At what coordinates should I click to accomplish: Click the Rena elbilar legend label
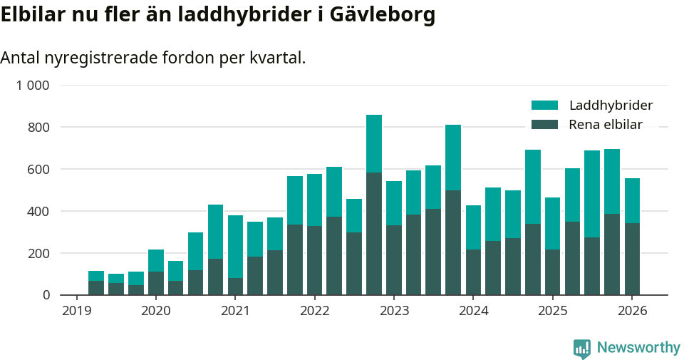coord(606,125)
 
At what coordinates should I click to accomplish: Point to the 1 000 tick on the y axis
coord(33,86)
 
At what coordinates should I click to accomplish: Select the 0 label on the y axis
coord(46,295)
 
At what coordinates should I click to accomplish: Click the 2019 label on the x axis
coord(76,311)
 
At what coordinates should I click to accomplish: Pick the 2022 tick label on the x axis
coord(314,311)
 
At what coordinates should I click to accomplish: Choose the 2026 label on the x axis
coord(632,311)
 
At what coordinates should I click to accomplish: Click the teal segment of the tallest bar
coord(374,143)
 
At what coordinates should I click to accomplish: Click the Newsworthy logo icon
coord(581,348)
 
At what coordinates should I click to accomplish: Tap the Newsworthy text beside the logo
coord(638,348)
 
